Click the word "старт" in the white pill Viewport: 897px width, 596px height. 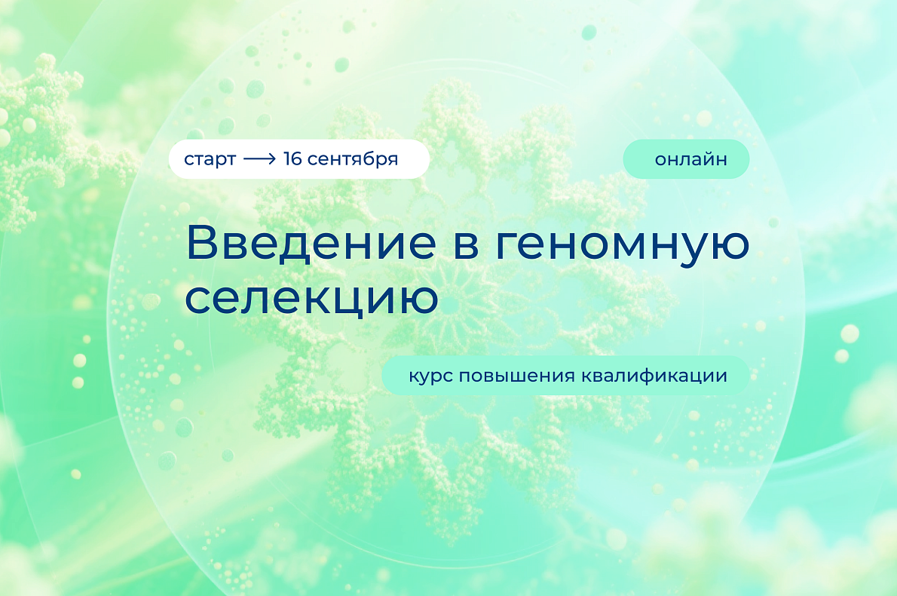[210, 159]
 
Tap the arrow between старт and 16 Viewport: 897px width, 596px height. [260, 158]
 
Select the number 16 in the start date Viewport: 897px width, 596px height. [292, 158]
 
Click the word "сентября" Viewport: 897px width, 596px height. [353, 158]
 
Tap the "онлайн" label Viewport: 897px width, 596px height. [691, 158]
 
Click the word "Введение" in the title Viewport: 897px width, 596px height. [311, 243]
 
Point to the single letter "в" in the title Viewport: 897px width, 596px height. [467, 246]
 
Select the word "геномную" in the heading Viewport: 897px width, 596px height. [623, 247]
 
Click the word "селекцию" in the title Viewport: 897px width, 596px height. [312, 300]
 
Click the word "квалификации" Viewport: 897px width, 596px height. [654, 376]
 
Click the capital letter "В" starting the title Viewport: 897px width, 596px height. [203, 243]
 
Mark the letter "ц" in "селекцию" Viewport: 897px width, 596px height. [347, 301]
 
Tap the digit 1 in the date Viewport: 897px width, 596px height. [287, 158]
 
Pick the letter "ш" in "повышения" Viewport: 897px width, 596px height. [511, 376]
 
